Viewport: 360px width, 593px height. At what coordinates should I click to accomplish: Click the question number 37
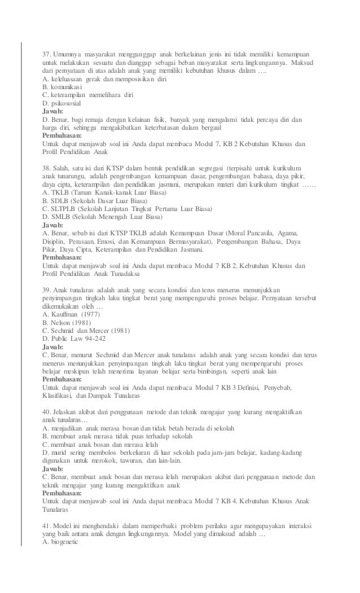pos(47,54)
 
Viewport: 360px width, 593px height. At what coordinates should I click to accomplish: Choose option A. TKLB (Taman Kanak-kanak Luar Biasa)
pos(98,192)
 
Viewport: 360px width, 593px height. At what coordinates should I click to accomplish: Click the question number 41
pos(47,526)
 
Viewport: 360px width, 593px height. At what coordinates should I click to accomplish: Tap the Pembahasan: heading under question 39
pos(63,379)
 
